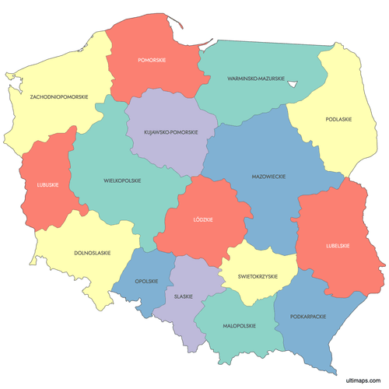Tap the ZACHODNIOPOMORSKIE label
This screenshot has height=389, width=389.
click(59, 97)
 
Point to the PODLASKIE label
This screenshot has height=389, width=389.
click(338, 119)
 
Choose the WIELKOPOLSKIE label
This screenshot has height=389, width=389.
click(122, 180)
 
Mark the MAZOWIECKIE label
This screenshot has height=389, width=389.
click(268, 177)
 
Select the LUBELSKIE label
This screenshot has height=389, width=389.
click(338, 246)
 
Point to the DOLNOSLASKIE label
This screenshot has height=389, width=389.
click(92, 252)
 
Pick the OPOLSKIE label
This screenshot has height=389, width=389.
click(146, 281)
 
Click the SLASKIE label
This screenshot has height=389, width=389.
click(184, 296)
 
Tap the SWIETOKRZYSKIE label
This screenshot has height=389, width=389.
click(253, 276)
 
